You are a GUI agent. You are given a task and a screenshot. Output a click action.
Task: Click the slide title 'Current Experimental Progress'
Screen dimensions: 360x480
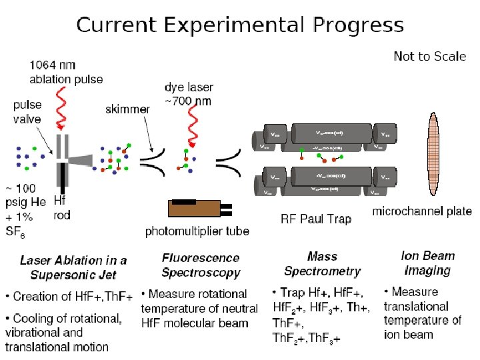239,26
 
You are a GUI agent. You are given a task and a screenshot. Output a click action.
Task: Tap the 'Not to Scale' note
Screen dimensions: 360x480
429,57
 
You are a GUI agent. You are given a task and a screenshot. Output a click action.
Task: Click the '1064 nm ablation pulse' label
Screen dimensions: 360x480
66,72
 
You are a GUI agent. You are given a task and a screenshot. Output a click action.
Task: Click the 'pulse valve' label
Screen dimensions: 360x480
27,112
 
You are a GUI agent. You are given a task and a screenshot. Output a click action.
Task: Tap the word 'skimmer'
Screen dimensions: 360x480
127,109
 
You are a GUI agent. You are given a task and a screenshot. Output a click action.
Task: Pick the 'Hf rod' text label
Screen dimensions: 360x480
61,207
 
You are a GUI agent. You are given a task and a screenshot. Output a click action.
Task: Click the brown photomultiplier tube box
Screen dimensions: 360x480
195,209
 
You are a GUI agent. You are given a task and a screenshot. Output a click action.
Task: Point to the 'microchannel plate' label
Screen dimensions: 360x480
422,212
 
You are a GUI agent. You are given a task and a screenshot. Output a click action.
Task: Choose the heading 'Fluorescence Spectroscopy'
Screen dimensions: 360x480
200,265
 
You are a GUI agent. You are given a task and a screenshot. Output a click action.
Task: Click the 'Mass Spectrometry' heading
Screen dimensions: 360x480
322,263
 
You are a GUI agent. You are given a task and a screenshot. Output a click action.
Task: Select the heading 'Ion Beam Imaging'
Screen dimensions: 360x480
427,263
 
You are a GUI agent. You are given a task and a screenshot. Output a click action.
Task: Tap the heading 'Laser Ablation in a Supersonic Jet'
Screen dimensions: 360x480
73,267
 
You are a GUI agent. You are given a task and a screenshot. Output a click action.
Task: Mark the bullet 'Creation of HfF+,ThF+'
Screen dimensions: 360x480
69,296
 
